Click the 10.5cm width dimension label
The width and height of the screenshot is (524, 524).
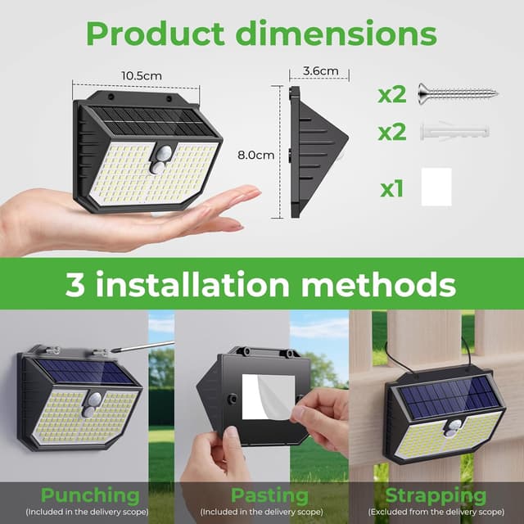click(141, 75)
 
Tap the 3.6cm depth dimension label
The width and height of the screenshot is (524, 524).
click(320, 71)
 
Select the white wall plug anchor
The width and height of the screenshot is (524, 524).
click(453, 130)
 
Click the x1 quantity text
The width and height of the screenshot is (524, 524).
click(392, 190)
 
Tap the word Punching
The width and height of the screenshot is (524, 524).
click(90, 495)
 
